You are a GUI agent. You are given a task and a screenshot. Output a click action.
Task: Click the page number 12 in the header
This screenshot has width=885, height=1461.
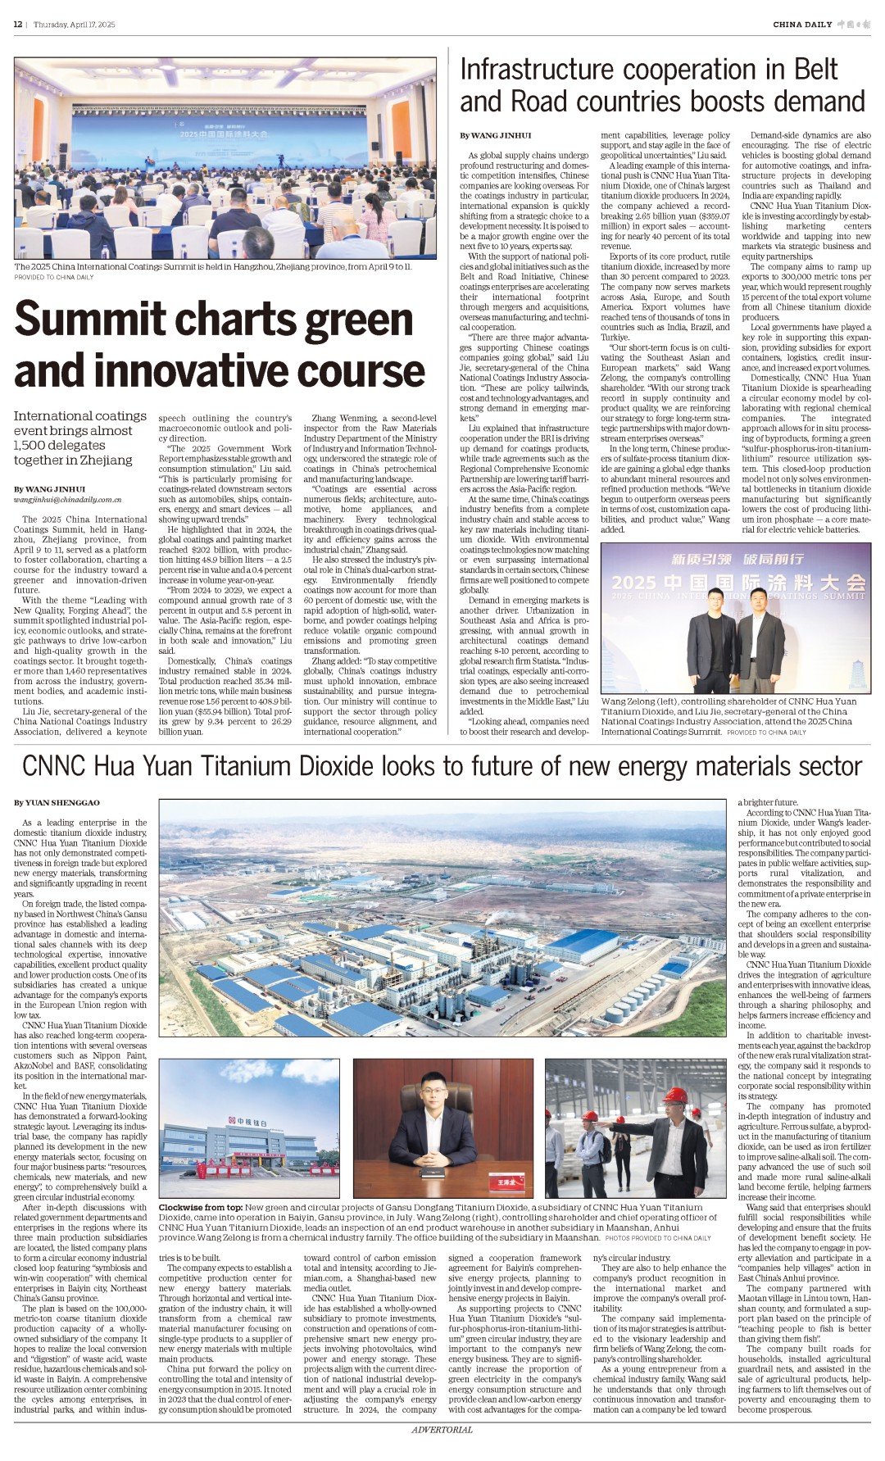[17, 25]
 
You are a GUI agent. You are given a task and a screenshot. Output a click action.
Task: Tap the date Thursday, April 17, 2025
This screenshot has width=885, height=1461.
[75, 25]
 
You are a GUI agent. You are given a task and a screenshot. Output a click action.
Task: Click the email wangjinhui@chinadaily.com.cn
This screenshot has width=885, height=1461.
[67, 499]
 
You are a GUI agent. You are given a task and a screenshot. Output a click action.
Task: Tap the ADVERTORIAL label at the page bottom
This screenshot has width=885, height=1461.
[442, 1430]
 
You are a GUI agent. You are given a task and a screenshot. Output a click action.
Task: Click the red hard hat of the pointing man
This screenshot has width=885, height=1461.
[674, 1096]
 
